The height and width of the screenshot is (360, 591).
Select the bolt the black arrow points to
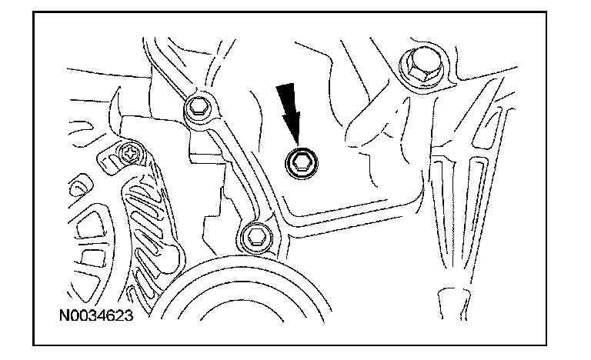301,163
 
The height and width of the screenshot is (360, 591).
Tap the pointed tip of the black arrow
298,145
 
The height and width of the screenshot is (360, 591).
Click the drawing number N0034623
96,315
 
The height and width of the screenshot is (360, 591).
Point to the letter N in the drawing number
65,315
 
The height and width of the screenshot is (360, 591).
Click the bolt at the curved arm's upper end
199,107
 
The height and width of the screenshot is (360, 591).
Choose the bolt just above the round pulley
256,238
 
